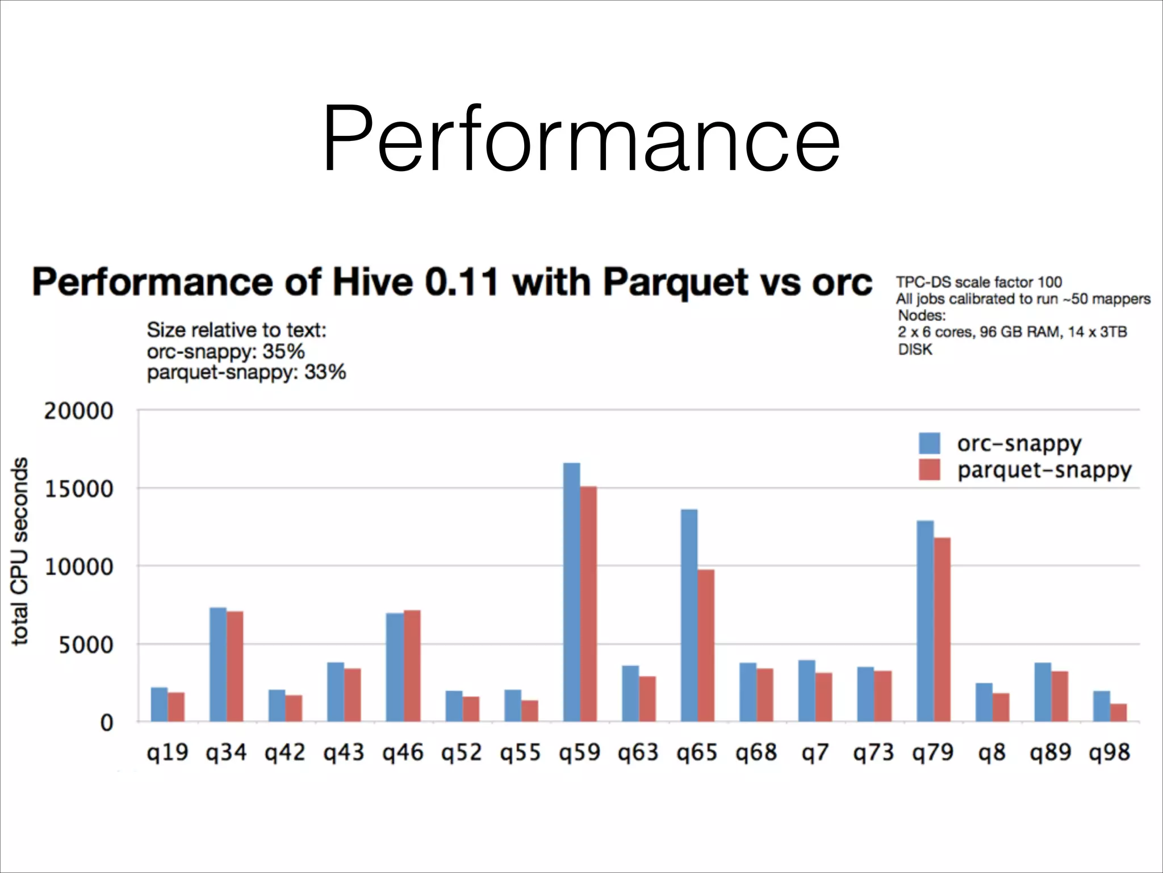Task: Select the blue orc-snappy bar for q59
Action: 571,591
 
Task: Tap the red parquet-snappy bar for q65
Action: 706,645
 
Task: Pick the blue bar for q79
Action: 925,621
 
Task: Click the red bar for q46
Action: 412,665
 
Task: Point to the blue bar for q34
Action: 218,664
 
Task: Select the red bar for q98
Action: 1118,712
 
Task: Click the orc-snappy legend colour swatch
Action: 929,443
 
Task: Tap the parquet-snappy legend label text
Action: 1044,470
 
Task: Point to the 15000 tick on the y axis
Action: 79,489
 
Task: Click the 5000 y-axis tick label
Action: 86,645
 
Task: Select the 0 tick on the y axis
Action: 106,723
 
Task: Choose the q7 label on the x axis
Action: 815,753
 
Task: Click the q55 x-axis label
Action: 520,753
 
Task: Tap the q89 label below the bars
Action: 1051,753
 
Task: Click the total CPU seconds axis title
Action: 20,551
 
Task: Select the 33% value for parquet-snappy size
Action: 325,372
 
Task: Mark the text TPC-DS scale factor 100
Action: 978,282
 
